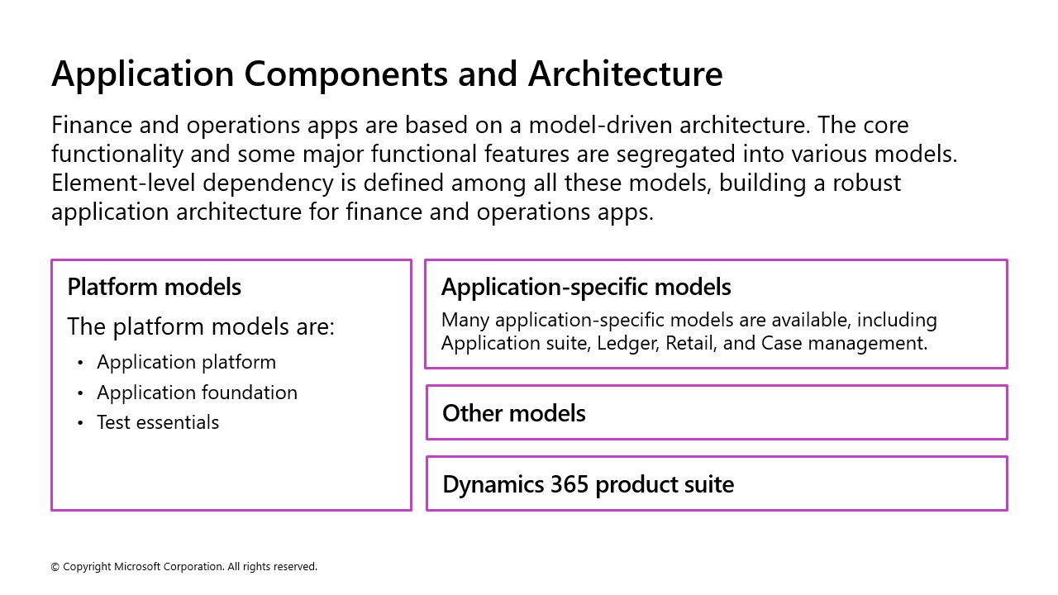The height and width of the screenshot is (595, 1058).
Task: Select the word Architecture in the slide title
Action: click(625, 74)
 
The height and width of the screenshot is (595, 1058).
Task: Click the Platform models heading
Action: click(155, 288)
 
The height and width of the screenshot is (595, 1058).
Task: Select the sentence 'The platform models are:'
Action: click(201, 327)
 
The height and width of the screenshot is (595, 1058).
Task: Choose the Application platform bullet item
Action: click(186, 363)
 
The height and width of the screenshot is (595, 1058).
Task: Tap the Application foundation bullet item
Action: click(197, 393)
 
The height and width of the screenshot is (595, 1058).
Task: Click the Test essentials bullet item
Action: click(158, 422)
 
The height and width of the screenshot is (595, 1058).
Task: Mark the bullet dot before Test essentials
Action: click(80, 423)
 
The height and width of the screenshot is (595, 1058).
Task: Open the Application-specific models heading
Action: click(586, 288)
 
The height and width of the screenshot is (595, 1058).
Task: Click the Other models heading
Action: click(514, 413)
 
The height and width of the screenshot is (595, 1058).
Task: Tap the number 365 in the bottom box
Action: click(570, 484)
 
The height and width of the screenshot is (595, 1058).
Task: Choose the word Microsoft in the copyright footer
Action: click(137, 567)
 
